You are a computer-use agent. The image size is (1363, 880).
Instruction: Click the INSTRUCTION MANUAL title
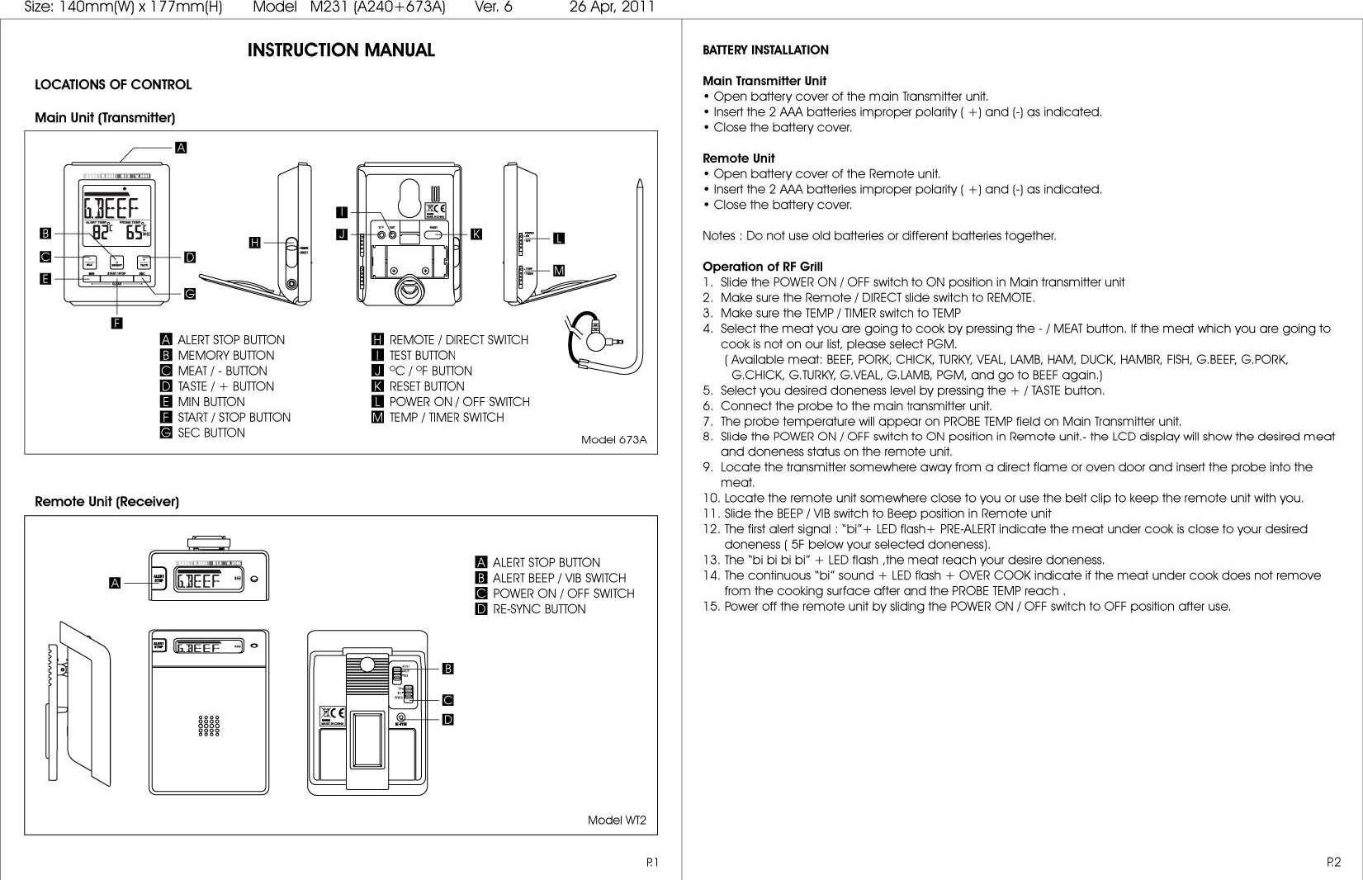341,50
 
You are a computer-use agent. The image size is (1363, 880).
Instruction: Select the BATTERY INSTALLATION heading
765,50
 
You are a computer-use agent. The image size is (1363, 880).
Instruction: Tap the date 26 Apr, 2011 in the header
612,7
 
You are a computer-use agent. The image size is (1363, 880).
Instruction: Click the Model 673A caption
613,440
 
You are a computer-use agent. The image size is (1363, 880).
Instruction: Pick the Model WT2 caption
617,821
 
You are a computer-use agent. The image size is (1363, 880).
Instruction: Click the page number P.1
651,863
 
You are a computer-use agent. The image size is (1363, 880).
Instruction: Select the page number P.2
1333,863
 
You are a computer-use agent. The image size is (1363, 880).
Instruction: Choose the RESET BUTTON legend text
427,386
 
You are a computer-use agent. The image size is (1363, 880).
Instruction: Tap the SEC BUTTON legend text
211,433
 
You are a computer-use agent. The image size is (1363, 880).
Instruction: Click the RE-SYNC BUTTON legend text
539,609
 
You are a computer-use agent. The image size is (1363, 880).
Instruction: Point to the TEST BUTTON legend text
422,356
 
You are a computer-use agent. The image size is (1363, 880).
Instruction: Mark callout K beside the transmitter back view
476,234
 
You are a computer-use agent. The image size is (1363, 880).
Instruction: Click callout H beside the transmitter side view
255,243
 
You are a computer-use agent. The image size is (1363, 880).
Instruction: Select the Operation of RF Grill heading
762,267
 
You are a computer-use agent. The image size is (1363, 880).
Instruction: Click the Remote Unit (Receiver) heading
106,502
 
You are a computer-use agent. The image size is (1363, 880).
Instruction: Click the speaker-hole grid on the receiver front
208,726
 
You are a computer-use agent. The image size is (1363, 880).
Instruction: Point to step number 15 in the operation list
710,607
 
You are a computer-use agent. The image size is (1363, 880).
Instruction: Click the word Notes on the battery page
719,236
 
